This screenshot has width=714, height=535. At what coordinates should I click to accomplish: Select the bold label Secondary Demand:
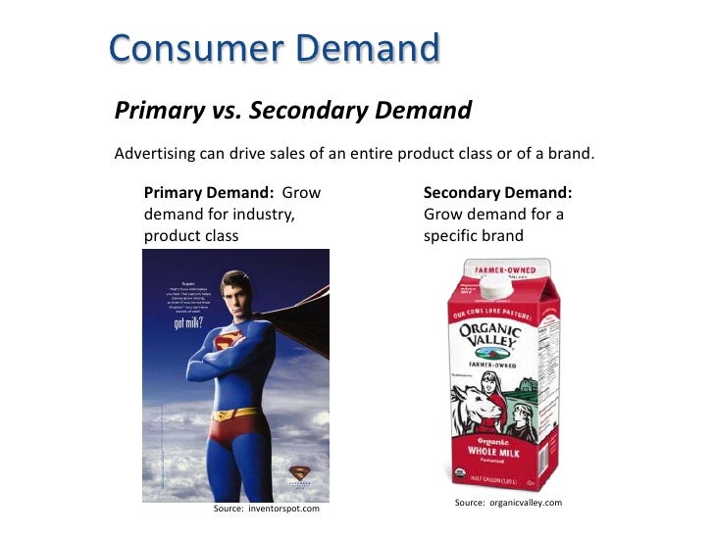pos(497,192)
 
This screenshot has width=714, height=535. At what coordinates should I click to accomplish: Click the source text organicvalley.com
pos(508,503)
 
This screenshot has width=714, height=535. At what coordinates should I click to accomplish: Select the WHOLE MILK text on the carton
pos(499,453)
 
